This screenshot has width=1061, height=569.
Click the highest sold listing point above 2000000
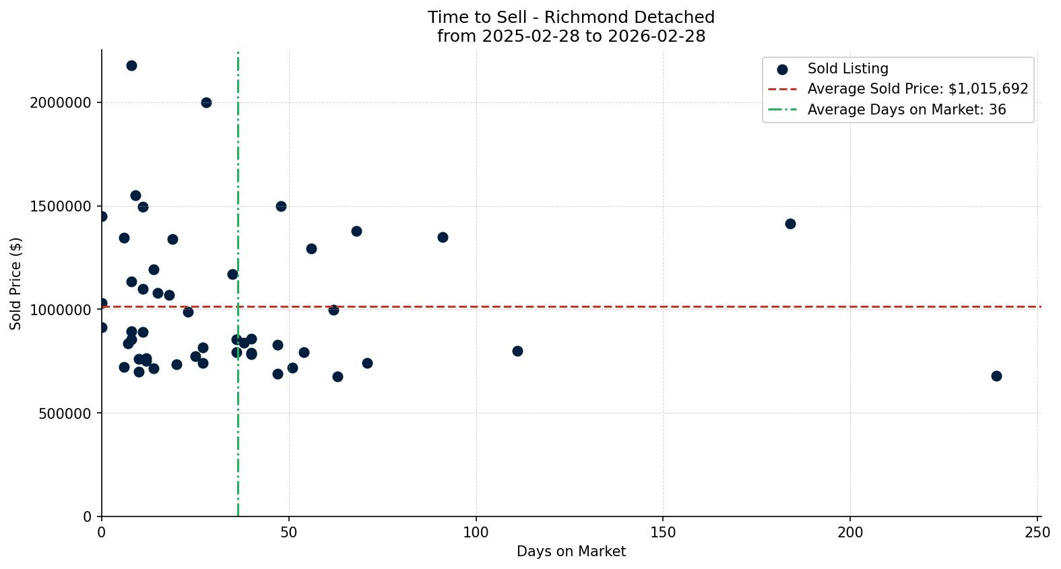pos(131,65)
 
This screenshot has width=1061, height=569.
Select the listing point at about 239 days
pos(996,376)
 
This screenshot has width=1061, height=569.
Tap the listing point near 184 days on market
pos(790,224)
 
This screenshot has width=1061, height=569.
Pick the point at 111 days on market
pos(517,351)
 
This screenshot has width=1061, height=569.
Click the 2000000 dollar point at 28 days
pos(206,102)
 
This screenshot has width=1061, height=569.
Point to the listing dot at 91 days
pos(443,237)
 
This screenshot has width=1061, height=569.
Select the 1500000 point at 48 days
pos(281,206)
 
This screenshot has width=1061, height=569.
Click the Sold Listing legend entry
pos(847,69)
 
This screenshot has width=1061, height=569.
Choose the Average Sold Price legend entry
pos(917,89)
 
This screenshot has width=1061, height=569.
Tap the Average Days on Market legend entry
pos(906,109)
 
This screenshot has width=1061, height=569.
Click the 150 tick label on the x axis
pos(663,533)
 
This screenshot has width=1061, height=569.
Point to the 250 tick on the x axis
pos(1037,533)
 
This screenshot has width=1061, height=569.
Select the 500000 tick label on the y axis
pos(61,413)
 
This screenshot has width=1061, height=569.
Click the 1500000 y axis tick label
pos(61,207)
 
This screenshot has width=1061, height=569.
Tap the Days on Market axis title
pos(571,551)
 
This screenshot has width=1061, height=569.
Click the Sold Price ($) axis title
pos(15,283)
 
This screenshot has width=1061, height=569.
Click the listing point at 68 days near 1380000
pos(356,231)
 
